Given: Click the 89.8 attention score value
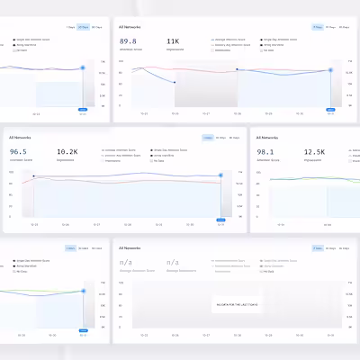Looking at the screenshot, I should point(128,41).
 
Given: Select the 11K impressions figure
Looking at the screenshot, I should point(173,41).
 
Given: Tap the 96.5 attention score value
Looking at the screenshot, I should point(18,152).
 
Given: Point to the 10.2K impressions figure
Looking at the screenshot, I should point(67,152).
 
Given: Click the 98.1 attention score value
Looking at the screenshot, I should point(267,152).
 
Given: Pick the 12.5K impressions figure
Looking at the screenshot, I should point(314,152).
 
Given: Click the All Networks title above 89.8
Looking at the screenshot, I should point(130,27).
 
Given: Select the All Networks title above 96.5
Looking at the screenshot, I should point(19,138).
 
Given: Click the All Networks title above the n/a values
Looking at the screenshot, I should point(130,247).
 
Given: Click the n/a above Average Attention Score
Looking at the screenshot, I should point(126,262).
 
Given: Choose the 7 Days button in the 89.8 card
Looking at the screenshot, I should point(318,27).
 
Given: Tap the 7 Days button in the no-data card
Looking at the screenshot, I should point(318,247).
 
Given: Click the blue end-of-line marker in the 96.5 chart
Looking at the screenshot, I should point(220,175).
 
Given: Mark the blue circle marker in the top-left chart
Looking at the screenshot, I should point(83,67).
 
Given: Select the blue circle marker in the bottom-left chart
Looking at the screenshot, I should point(83,291).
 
